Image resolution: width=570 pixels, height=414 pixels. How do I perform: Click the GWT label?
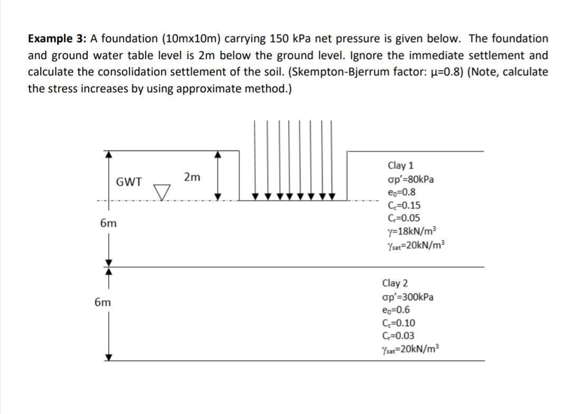click(x=129, y=182)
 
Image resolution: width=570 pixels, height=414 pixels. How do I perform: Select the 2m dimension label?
click(x=192, y=177)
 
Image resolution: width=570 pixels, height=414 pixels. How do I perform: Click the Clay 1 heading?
click(x=401, y=166)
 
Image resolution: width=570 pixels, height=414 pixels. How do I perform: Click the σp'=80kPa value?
click(x=411, y=179)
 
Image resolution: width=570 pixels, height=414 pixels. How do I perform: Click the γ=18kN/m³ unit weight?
click(x=412, y=231)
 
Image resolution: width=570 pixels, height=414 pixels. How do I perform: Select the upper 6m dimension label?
click(x=109, y=224)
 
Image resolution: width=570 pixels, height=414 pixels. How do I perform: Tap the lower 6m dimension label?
click(x=103, y=303)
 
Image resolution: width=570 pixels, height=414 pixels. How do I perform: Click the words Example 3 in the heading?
click(x=57, y=38)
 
